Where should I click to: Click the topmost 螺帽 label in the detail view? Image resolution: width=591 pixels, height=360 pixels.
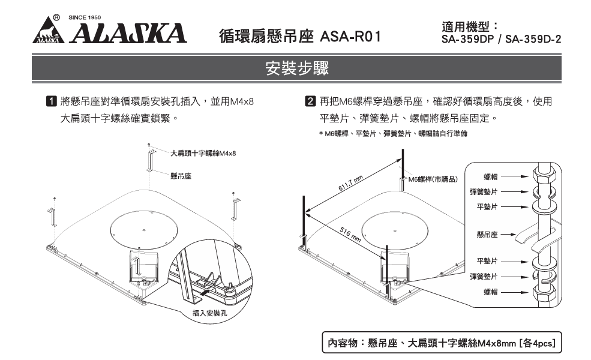click(490, 177)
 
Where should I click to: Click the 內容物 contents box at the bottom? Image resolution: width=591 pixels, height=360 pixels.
click(442, 344)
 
